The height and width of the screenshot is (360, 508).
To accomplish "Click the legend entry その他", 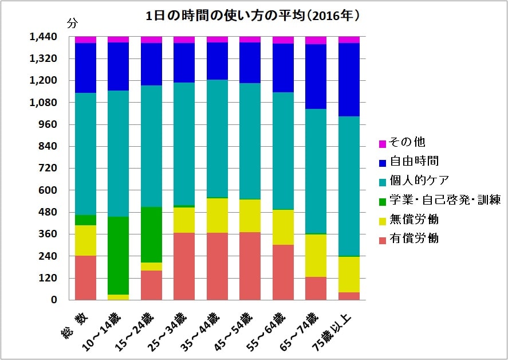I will (407, 142).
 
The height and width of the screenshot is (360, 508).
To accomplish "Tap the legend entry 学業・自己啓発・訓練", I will (444, 200).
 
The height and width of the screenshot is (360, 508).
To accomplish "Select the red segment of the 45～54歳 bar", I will (250, 265).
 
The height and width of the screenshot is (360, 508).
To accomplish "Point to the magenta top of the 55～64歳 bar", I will (283, 40).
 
